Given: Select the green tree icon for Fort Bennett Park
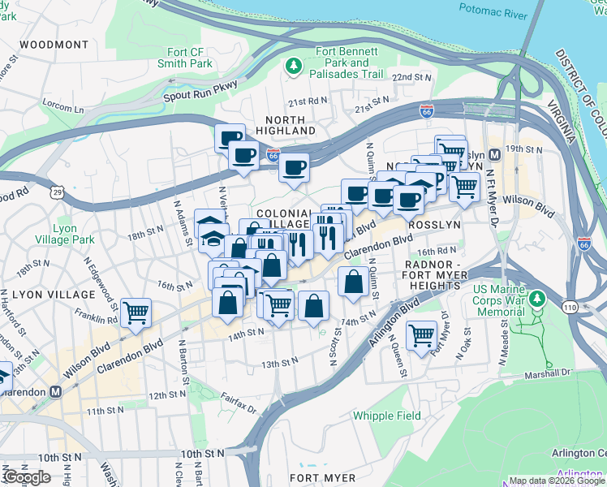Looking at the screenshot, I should [293, 65].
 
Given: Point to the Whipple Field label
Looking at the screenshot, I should [386, 416].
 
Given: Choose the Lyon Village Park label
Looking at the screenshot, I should [64, 235].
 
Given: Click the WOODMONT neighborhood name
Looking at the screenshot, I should [54, 44].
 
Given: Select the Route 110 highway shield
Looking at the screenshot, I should [569, 307].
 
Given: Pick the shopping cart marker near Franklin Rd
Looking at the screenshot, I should [136, 311].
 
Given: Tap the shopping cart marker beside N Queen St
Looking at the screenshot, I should [421, 334].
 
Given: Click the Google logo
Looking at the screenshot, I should [27, 477].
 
